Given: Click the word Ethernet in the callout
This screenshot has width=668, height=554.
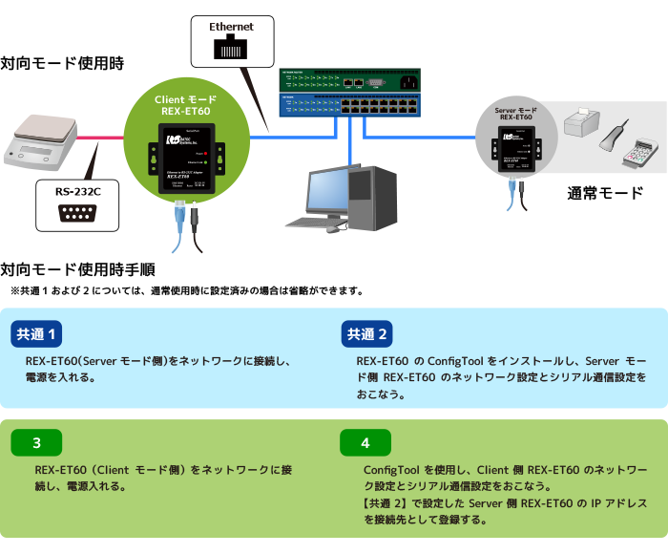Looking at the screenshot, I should [x=231, y=27].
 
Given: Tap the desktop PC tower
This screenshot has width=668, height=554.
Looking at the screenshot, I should [x=376, y=195].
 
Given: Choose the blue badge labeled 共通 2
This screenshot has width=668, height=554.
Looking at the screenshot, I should [x=367, y=334].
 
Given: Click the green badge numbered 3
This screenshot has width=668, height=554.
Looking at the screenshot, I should [x=36, y=443].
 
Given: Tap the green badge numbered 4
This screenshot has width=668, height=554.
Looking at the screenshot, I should [x=365, y=443].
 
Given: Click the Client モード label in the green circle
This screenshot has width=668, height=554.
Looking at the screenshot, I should [x=185, y=99].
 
